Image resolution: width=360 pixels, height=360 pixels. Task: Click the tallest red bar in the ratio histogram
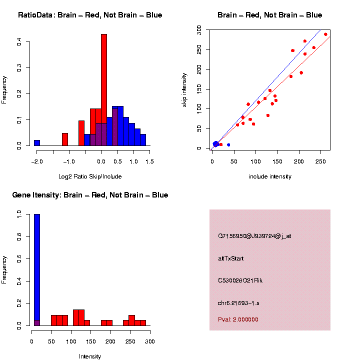click(x=104, y=90)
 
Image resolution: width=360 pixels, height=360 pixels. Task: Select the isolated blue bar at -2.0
click(x=37, y=143)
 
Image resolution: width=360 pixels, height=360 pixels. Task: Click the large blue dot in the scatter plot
click(x=216, y=144)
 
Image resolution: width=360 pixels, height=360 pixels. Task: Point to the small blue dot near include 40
click(x=228, y=145)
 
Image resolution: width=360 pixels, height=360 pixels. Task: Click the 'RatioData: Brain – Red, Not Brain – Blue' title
click(x=90, y=15)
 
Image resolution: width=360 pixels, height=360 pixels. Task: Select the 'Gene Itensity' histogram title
click(x=90, y=195)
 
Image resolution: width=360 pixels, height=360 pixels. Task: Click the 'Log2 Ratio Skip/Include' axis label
click(x=90, y=176)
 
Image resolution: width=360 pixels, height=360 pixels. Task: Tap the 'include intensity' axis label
click(x=270, y=176)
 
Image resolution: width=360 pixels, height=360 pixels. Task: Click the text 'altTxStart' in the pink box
click(x=231, y=258)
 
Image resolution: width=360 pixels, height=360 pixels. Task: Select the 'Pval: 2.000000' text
click(x=238, y=319)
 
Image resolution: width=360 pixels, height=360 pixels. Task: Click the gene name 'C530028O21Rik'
click(x=240, y=280)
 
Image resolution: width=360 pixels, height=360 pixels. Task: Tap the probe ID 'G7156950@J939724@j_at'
click(x=254, y=236)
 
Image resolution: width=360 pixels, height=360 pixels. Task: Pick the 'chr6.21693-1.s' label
click(x=239, y=303)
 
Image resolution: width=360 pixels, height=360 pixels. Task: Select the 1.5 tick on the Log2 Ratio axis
click(x=149, y=161)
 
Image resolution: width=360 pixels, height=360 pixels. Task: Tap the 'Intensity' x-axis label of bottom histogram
click(x=90, y=356)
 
